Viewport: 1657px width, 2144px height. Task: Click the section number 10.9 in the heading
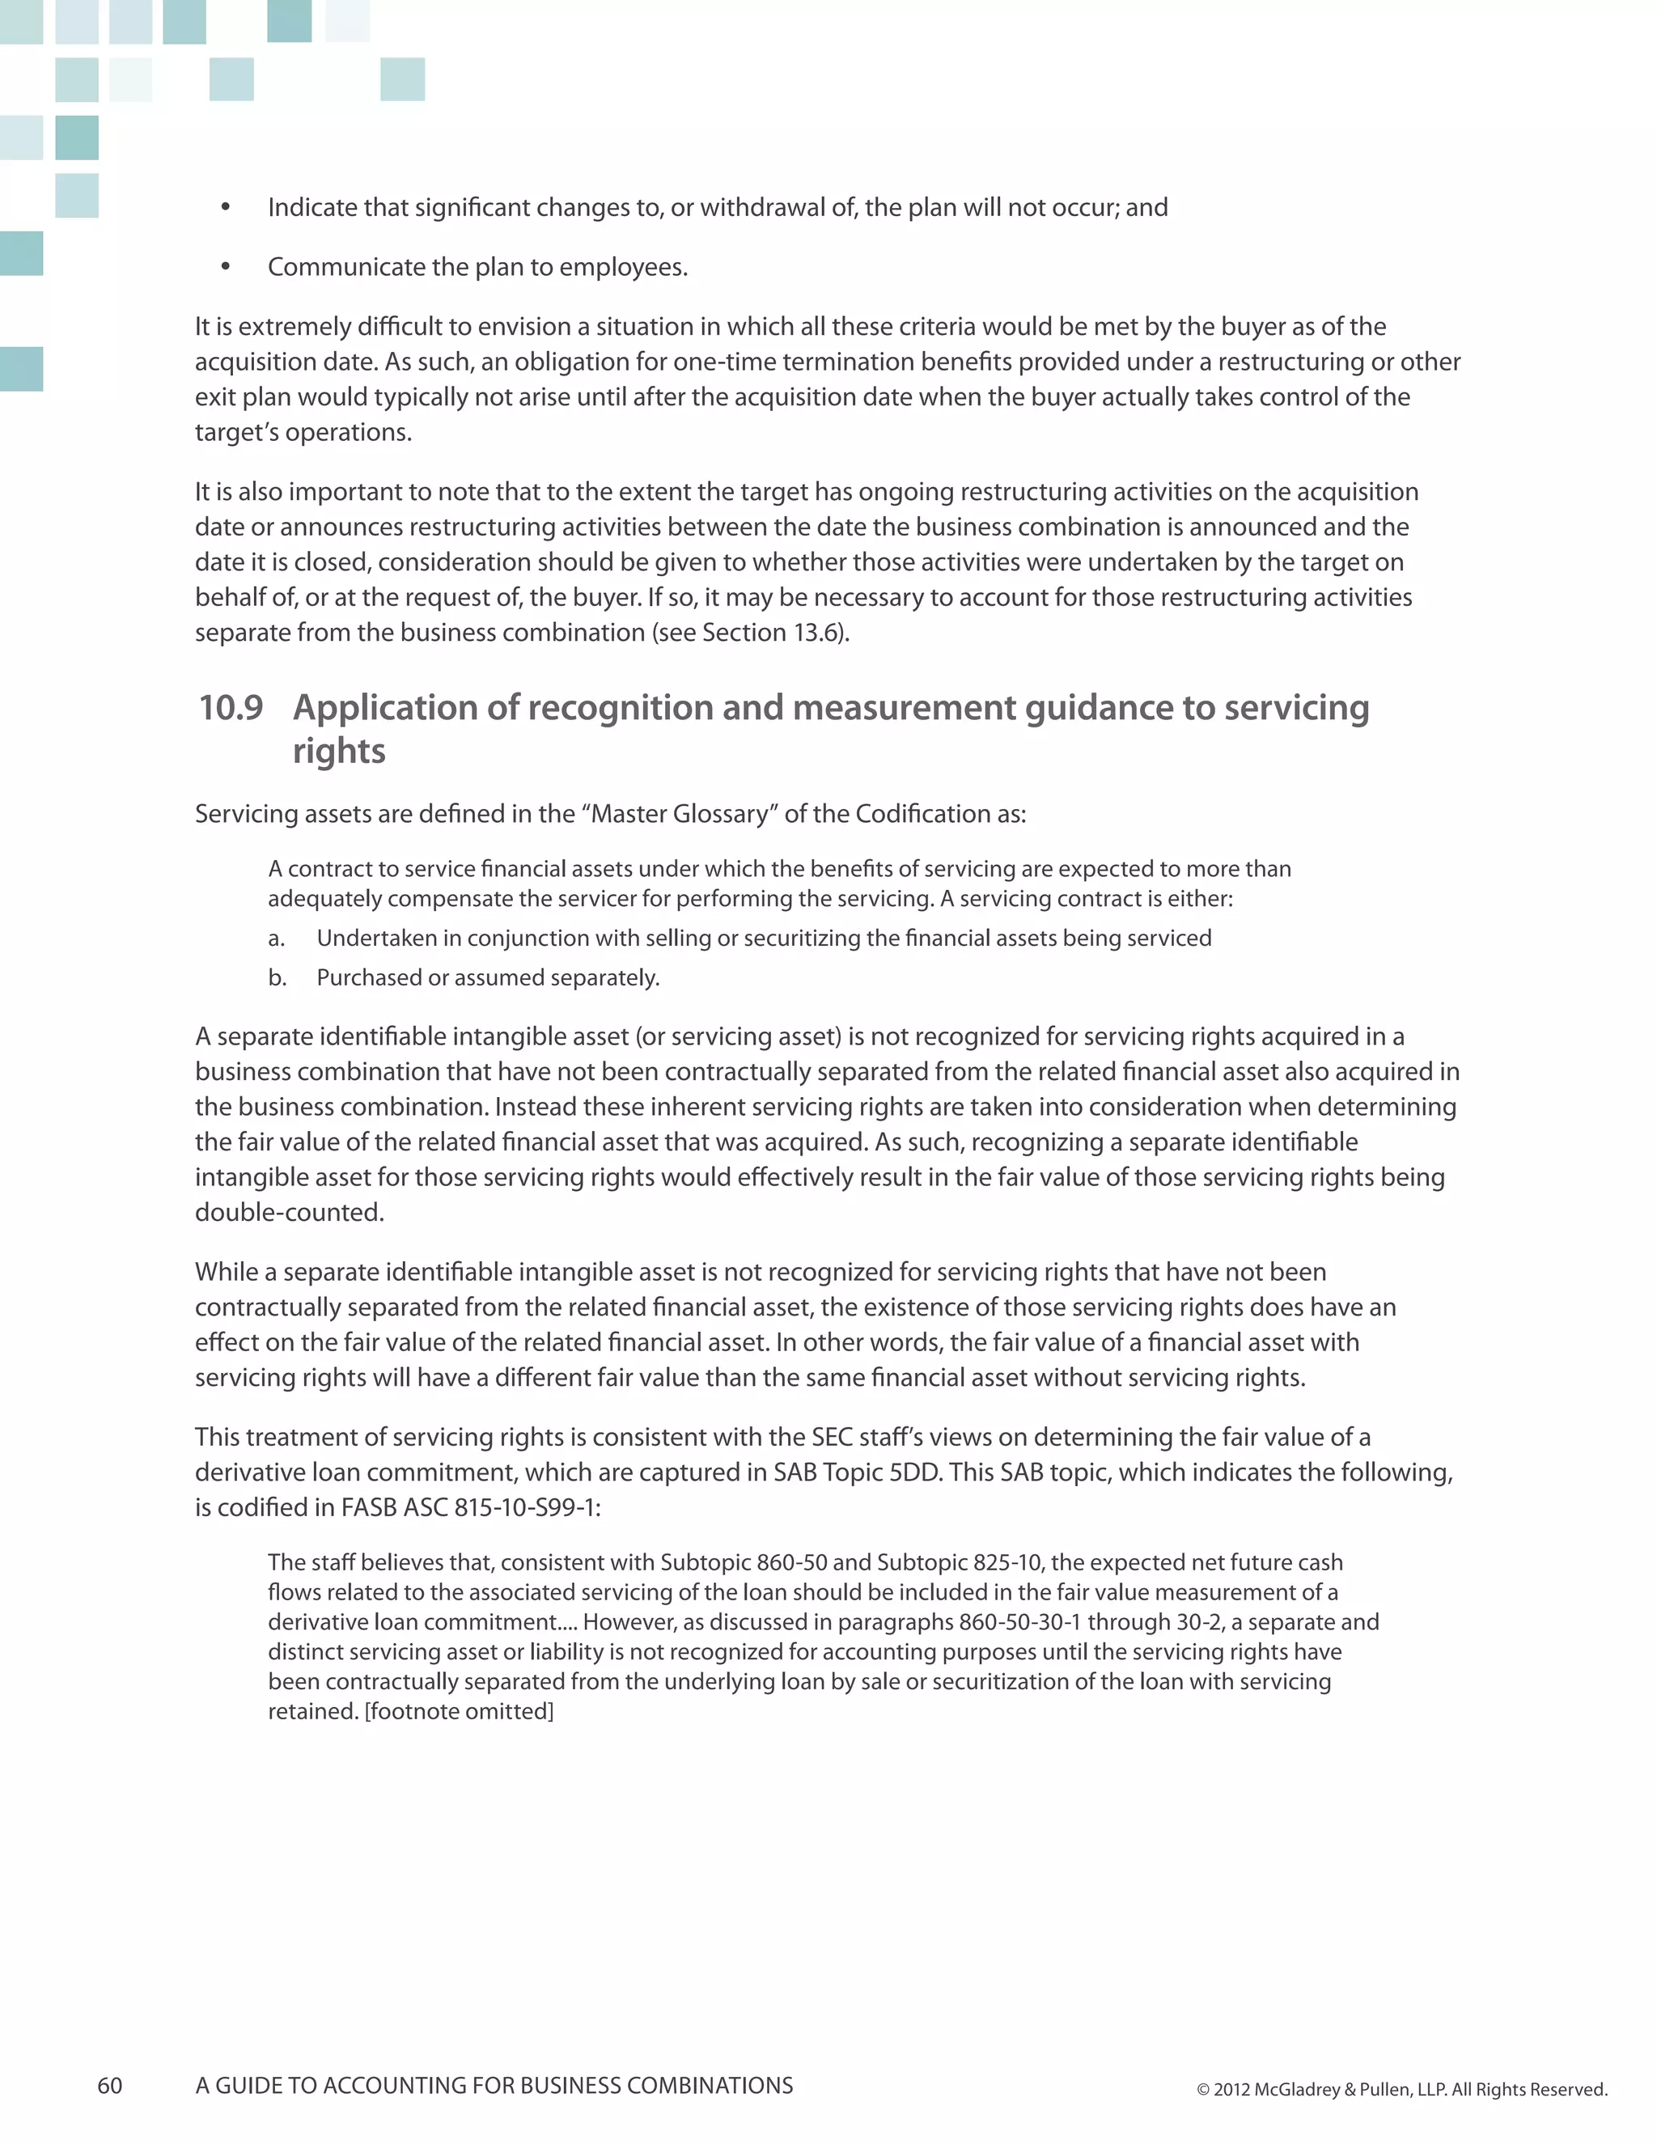(231, 708)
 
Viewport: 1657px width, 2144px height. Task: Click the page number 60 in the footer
(110, 2085)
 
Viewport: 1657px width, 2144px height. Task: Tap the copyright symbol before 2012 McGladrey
(1202, 2090)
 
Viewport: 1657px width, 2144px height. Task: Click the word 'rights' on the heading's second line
(339, 751)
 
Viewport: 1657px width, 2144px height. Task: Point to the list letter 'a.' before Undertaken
(277, 939)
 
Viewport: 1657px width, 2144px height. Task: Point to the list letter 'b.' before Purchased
(277, 978)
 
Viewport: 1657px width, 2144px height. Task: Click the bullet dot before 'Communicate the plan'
(226, 267)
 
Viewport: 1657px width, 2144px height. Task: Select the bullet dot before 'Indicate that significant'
(226, 207)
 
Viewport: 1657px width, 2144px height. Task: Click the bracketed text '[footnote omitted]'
(460, 1711)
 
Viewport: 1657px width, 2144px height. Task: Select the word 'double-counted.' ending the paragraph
(290, 1213)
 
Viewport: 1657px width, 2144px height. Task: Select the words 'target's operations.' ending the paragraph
(303, 432)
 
